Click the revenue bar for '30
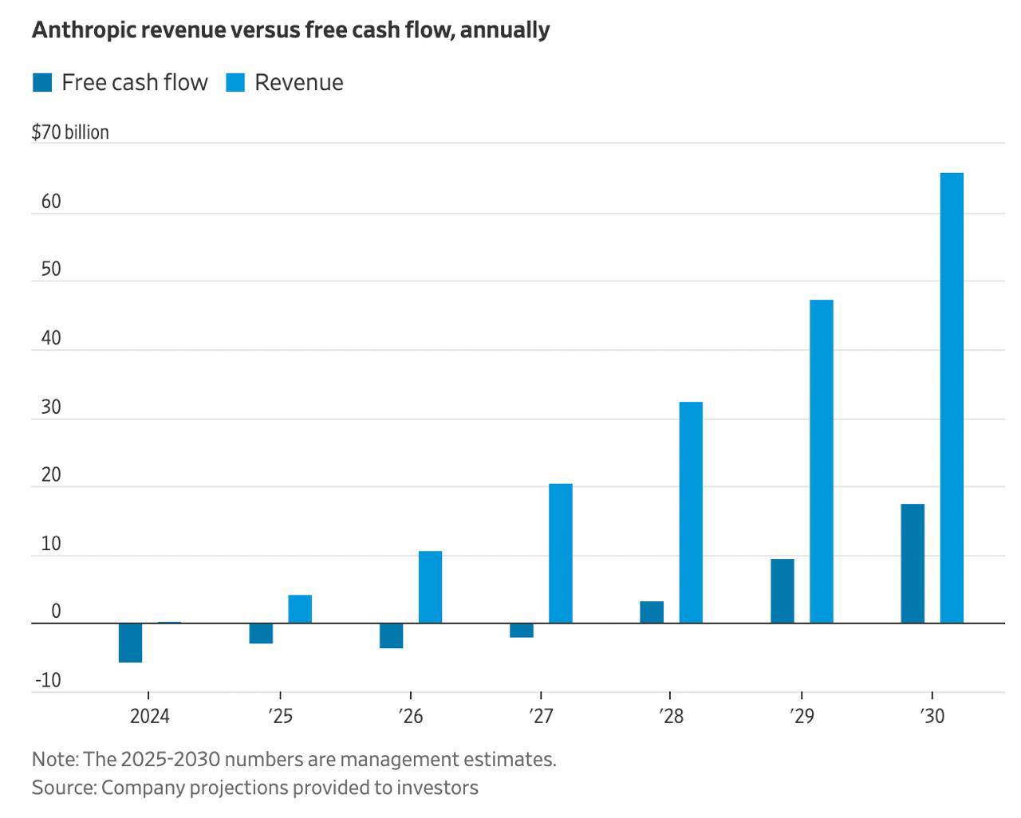click(x=952, y=398)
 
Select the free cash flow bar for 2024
click(x=130, y=643)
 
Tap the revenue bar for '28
click(x=691, y=512)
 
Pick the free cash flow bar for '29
click(x=782, y=591)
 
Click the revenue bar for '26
click(x=430, y=587)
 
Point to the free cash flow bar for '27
click(x=522, y=631)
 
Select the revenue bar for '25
click(x=300, y=608)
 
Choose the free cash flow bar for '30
click(x=913, y=563)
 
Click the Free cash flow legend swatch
click(x=42, y=82)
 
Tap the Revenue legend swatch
click(x=235, y=82)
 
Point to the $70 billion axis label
click(x=70, y=132)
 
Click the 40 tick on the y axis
click(x=51, y=338)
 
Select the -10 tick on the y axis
click(x=48, y=680)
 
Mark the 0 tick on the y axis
click(x=56, y=612)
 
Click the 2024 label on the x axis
click(x=150, y=716)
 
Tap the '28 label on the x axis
click(x=672, y=716)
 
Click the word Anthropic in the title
click(x=77, y=30)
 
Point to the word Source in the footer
click(x=63, y=788)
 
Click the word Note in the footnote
click(x=53, y=759)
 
